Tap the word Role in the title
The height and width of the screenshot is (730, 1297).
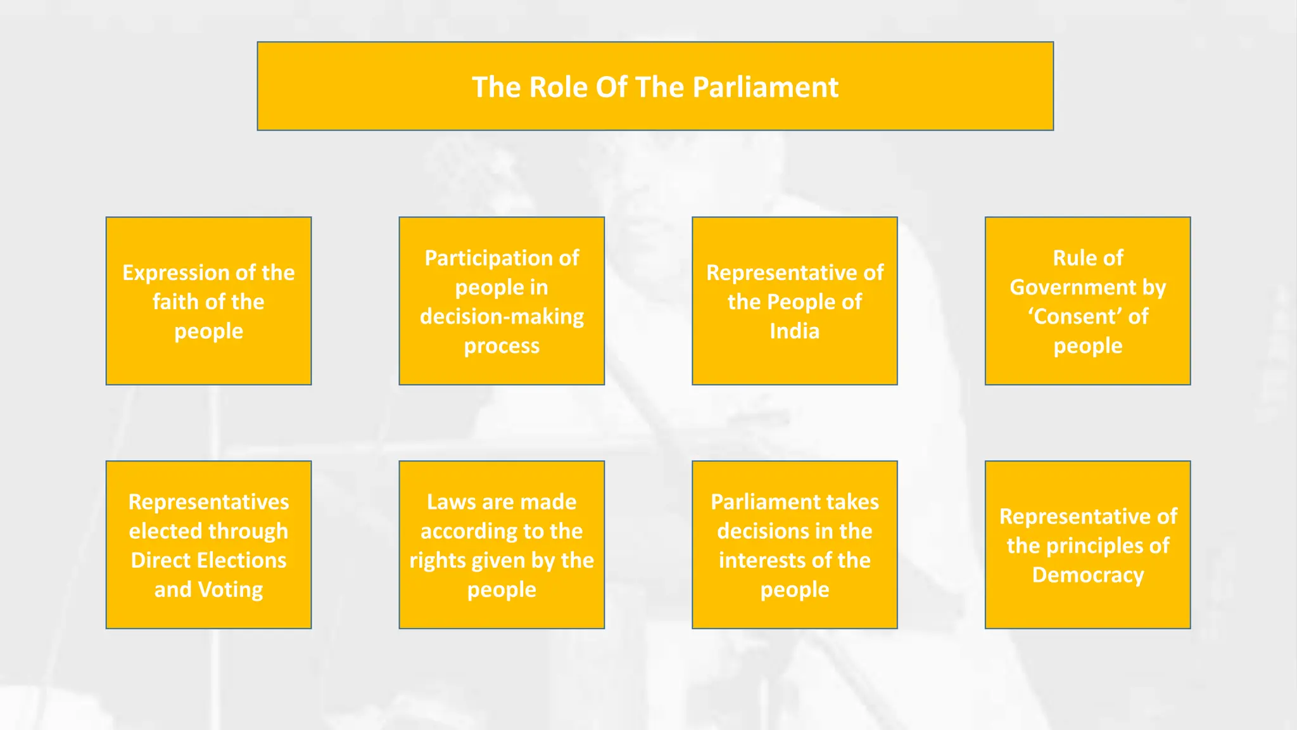tap(557, 87)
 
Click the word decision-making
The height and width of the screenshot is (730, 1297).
tap(502, 316)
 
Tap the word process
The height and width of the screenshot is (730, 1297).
tap(502, 346)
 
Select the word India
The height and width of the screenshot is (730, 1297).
tap(794, 331)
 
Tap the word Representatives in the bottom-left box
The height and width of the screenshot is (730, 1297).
tap(208, 502)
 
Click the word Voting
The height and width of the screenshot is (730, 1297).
tap(230, 589)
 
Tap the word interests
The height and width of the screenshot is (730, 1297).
tap(775, 560)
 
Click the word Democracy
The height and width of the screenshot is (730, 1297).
tap(1087, 575)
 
